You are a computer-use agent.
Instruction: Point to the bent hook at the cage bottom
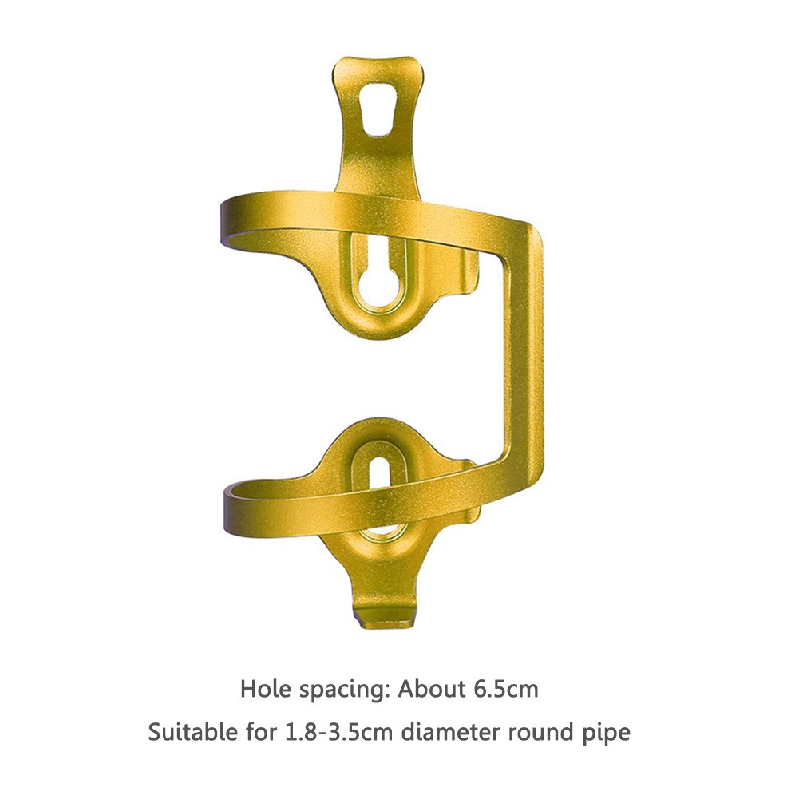pyautogui.click(x=384, y=615)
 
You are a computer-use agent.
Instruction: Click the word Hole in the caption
pyautogui.click(x=265, y=689)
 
